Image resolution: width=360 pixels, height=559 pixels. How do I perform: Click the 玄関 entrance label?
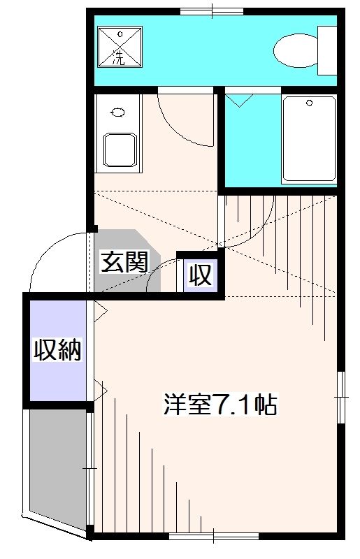(124, 262)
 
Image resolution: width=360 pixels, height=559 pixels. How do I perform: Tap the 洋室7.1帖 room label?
(220, 404)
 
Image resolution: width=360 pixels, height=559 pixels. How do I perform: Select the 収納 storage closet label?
(58, 350)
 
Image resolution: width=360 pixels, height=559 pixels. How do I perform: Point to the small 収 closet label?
(201, 274)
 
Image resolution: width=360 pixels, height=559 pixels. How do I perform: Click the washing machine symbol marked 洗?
(120, 47)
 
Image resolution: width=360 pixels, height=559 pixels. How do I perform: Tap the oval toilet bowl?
(296, 50)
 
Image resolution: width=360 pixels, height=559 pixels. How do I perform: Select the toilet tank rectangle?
(327, 50)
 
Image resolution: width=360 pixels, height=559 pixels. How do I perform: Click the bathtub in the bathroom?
(309, 139)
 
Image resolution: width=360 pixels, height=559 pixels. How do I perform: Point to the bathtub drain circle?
(310, 103)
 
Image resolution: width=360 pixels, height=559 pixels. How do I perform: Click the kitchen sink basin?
(120, 150)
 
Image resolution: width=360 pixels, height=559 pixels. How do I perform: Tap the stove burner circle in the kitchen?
(118, 112)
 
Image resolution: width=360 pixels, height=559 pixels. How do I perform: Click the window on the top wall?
(212, 11)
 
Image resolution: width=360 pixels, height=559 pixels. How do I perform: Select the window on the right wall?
(341, 397)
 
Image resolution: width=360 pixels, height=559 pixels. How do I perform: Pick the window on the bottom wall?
(213, 536)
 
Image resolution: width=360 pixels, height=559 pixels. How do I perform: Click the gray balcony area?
(58, 472)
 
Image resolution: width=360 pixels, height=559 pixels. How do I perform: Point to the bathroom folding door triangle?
(238, 100)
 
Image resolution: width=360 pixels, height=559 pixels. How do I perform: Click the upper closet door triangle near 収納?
(100, 311)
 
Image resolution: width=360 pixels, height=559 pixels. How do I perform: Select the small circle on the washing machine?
(120, 34)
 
